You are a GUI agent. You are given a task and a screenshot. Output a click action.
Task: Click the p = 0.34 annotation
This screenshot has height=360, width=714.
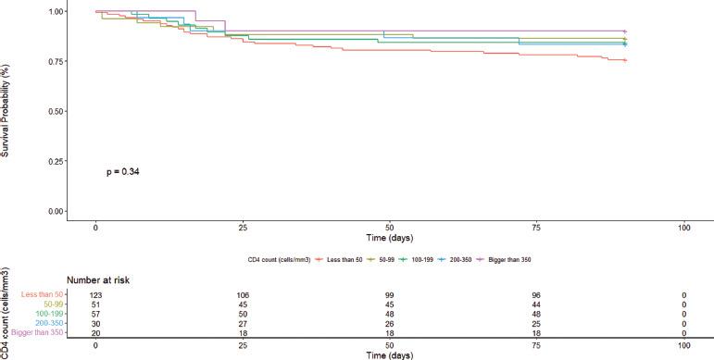tap(125, 171)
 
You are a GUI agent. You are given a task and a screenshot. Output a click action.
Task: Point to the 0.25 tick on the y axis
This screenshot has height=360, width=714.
tap(55, 161)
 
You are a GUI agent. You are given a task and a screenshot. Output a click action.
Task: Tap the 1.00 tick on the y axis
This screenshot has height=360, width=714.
tap(55, 11)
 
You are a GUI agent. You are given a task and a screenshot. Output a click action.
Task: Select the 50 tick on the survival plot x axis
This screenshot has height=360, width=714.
tap(390, 228)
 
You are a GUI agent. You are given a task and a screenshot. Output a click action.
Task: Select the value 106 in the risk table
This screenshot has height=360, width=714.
tap(243, 294)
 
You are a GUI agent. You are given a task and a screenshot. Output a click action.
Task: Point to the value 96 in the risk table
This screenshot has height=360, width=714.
tap(537, 294)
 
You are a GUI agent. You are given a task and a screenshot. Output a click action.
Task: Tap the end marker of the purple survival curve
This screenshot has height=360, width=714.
tap(625, 31)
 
